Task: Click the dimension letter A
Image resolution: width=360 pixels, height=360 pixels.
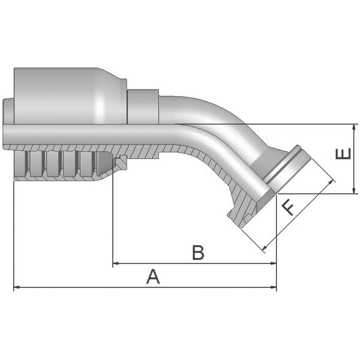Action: tap(153, 277)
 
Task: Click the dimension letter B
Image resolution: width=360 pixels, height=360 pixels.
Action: tap(198, 253)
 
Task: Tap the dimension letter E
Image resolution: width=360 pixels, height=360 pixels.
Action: tap(343, 154)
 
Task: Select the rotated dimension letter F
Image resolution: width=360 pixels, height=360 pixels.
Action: tap(287, 208)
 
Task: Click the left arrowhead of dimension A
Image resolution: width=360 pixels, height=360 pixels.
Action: tap(17, 287)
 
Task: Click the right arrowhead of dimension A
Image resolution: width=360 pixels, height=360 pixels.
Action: tap(274, 287)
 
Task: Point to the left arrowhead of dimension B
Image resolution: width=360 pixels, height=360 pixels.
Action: tap(116, 263)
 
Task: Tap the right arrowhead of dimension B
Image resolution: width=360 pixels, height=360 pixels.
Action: tap(274, 263)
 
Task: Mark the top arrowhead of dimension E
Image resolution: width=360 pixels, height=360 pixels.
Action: tap(355, 127)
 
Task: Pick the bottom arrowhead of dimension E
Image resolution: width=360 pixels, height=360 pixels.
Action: tap(355, 191)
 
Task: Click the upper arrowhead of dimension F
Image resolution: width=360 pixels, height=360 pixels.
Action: tap(331, 182)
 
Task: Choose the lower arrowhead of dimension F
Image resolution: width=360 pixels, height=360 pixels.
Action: tap(265, 248)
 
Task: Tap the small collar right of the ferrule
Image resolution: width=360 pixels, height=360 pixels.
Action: tap(143, 107)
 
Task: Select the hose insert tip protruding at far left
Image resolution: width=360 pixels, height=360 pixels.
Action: tap(8, 112)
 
